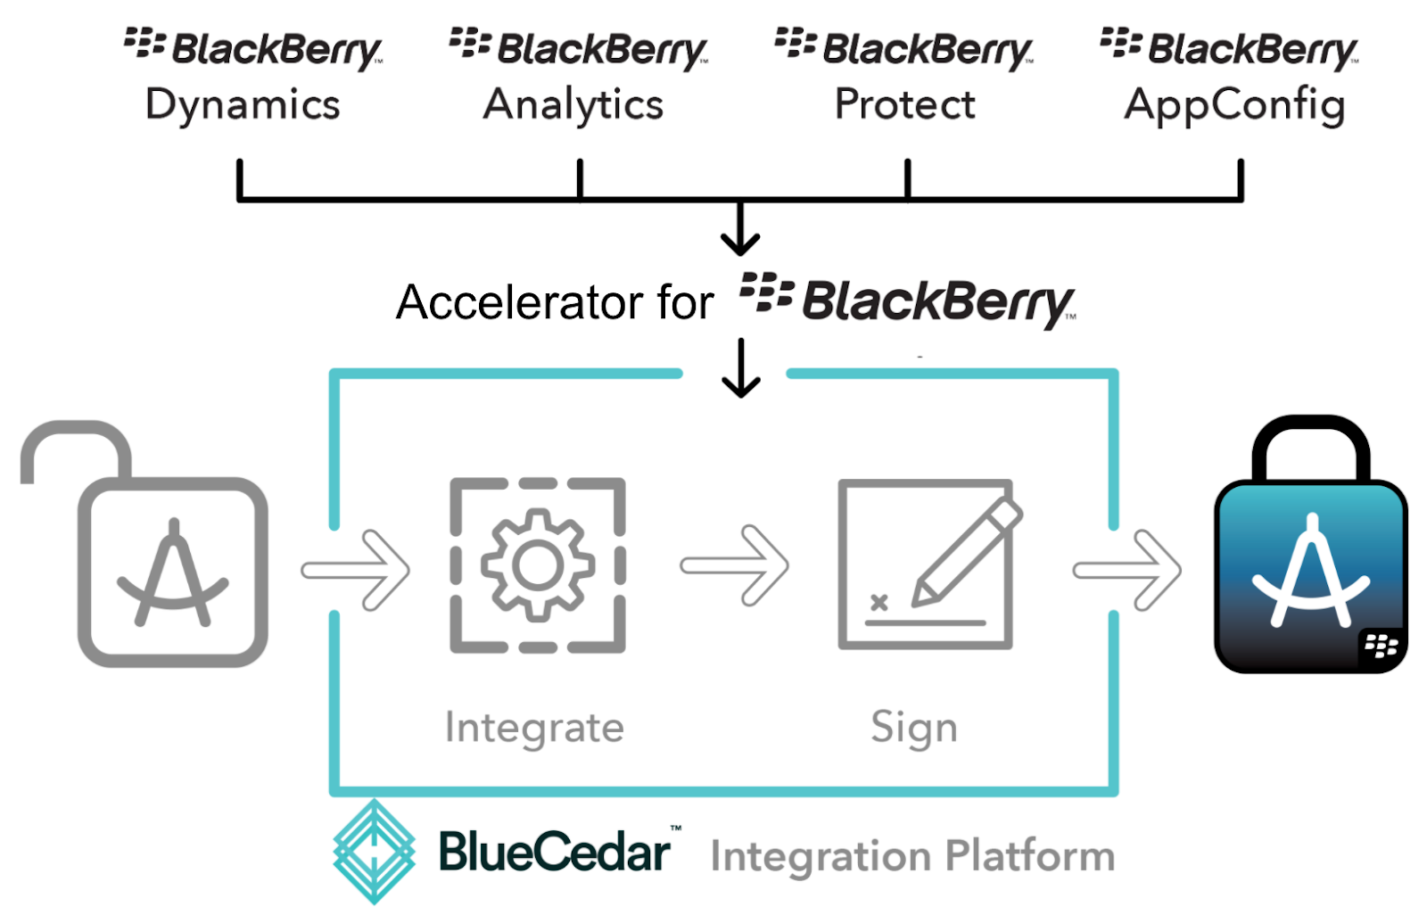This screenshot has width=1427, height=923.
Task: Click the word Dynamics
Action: [x=243, y=105]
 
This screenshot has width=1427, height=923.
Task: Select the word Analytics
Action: [x=573, y=105]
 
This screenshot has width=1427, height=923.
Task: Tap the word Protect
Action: [x=904, y=104]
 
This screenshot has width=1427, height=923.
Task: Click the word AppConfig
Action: [x=1234, y=105]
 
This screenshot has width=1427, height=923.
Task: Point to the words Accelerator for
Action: [x=555, y=302]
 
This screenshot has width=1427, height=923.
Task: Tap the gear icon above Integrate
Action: [x=538, y=565]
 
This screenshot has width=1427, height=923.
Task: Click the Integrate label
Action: [x=534, y=727]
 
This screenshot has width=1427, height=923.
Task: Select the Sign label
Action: [x=914, y=727]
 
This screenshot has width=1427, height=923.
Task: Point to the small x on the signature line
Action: [x=878, y=602]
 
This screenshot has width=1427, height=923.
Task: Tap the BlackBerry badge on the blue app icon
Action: [x=1382, y=644]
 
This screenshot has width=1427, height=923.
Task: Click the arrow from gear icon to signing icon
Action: [x=734, y=565]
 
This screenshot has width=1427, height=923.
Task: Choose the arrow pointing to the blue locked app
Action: [x=1126, y=570]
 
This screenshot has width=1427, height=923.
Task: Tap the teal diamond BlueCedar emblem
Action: [x=374, y=852]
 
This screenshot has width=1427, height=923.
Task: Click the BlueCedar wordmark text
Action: [x=554, y=852]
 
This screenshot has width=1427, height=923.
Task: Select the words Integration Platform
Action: [x=912, y=855]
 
